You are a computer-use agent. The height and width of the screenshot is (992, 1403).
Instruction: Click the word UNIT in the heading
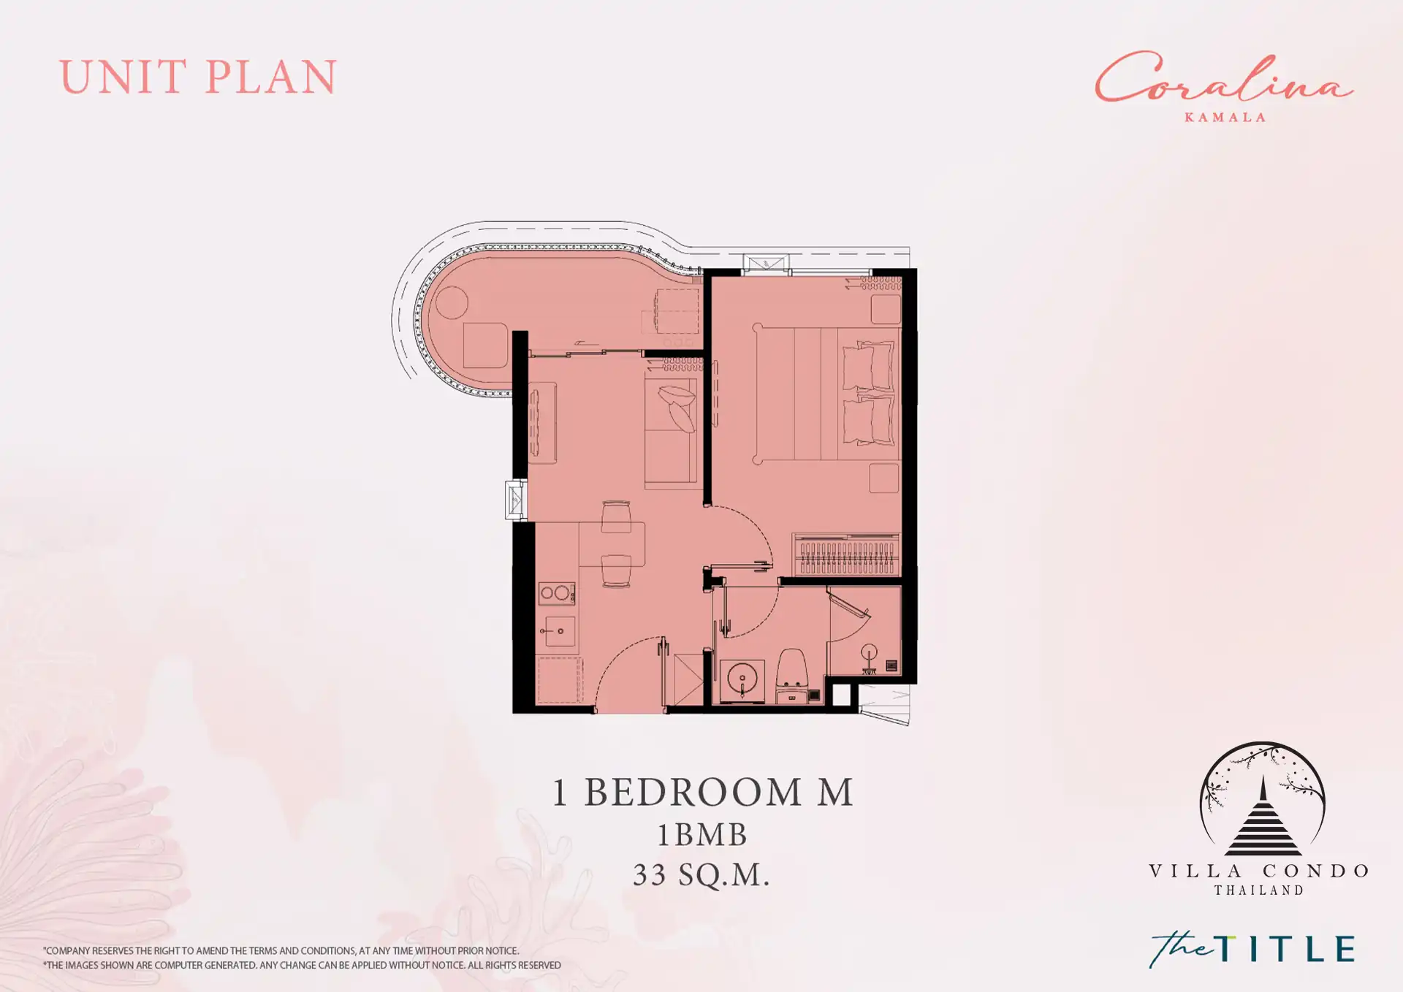click(x=123, y=77)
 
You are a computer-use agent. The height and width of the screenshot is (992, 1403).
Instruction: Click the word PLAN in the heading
click(x=271, y=77)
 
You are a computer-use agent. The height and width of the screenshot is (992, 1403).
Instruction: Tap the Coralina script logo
click(x=1224, y=77)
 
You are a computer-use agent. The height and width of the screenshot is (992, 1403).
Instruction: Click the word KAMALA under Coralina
click(x=1225, y=118)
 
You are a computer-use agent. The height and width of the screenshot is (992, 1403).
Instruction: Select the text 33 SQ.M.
click(x=701, y=874)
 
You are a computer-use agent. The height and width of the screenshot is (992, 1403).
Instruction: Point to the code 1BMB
click(x=702, y=835)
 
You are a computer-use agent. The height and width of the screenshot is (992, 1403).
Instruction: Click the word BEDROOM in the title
click(x=693, y=793)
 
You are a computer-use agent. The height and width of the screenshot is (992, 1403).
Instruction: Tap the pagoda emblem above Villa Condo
click(x=1263, y=799)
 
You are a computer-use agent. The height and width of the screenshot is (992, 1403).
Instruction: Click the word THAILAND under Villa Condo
click(x=1259, y=890)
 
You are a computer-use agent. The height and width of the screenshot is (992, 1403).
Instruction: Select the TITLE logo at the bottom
click(x=1252, y=949)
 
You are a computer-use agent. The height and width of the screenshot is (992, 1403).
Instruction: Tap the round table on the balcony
click(x=452, y=302)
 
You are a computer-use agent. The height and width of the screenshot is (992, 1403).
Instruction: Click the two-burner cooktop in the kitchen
click(x=556, y=593)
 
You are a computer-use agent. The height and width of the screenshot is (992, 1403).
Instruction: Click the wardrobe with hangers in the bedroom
click(x=846, y=554)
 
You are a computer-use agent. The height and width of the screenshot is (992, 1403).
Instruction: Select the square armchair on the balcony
click(x=485, y=346)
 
